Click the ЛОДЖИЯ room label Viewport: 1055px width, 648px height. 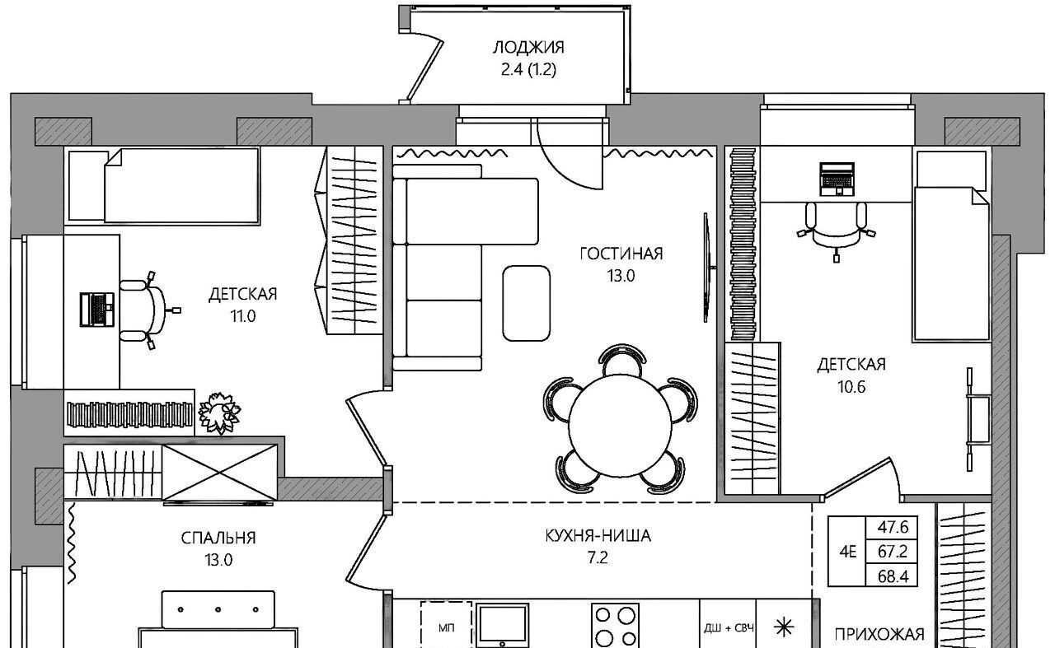click(x=528, y=48)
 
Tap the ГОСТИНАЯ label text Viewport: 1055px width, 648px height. click(x=621, y=254)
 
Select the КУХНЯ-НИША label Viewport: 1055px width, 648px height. click(x=598, y=536)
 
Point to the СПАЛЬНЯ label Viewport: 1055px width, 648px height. click(x=218, y=538)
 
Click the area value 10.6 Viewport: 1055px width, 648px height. click(x=851, y=387)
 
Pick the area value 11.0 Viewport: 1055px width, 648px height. click(x=242, y=316)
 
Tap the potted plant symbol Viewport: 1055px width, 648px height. click(x=219, y=413)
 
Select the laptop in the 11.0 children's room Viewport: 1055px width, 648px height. click(x=97, y=310)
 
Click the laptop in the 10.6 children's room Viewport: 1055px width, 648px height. click(x=837, y=179)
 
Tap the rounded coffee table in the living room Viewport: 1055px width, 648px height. click(x=526, y=303)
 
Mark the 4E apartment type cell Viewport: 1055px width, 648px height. click(x=847, y=552)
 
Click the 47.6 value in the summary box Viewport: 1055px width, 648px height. click(x=893, y=527)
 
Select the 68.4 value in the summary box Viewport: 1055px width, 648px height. click(x=893, y=576)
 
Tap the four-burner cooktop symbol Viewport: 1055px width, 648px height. click(x=615, y=626)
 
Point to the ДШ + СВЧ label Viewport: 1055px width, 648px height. click(x=729, y=627)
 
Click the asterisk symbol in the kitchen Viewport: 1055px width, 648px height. click(x=784, y=627)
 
